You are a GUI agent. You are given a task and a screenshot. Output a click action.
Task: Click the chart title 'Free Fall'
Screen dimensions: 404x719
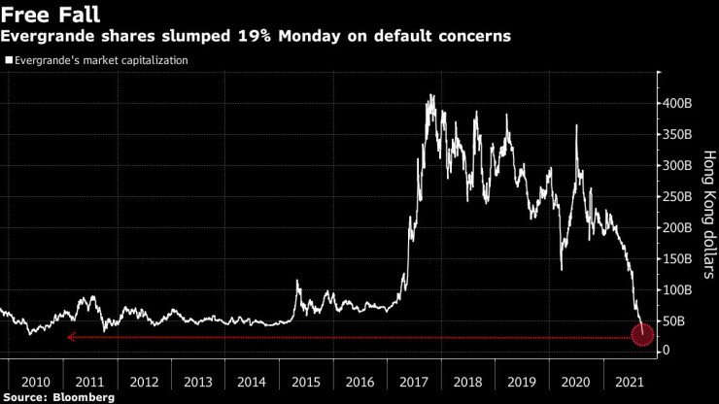click(x=51, y=15)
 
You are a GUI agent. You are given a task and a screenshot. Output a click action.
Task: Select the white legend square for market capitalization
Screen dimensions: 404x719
click(x=9, y=60)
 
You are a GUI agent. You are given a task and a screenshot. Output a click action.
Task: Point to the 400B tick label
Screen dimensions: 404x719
click(x=679, y=103)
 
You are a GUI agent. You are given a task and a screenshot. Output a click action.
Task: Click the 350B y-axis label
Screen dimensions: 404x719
click(x=679, y=134)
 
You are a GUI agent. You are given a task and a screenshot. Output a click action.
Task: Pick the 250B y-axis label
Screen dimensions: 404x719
click(x=679, y=196)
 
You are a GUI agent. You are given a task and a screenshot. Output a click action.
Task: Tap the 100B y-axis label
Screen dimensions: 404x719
click(x=679, y=289)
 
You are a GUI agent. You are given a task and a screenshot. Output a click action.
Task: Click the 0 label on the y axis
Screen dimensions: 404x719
click(x=667, y=351)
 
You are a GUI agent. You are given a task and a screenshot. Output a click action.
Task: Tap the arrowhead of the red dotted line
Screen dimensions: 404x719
click(x=70, y=337)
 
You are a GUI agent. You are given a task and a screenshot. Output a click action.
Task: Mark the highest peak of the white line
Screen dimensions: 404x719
click(x=430, y=95)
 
